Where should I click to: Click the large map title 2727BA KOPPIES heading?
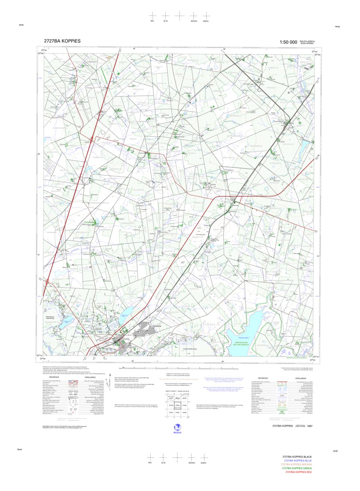coord(62,41)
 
